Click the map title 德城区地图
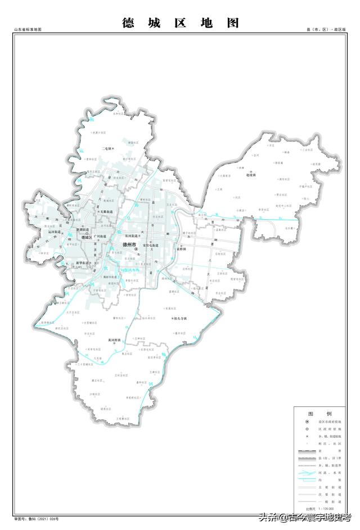coord(181,22)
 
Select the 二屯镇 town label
coord(106,148)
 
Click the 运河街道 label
coord(54,231)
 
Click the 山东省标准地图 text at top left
coord(28,29)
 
